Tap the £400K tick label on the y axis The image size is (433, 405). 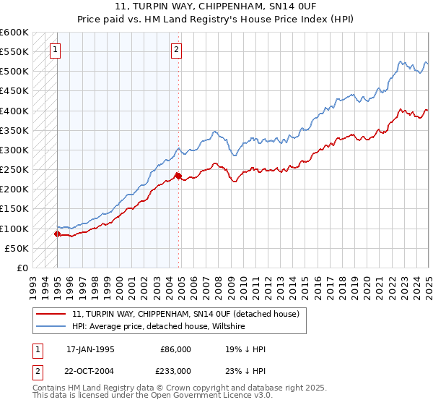tap(14, 111)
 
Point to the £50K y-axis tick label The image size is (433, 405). tap(17, 248)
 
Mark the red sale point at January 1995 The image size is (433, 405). tap(57, 234)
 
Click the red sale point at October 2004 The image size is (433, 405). tap(178, 176)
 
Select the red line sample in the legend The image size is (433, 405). tap(52, 315)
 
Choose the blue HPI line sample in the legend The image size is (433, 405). tap(52, 327)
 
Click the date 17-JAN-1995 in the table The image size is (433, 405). tap(89, 349)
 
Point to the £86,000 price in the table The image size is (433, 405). tap(174, 349)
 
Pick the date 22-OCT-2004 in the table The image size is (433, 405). tap(89, 370)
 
